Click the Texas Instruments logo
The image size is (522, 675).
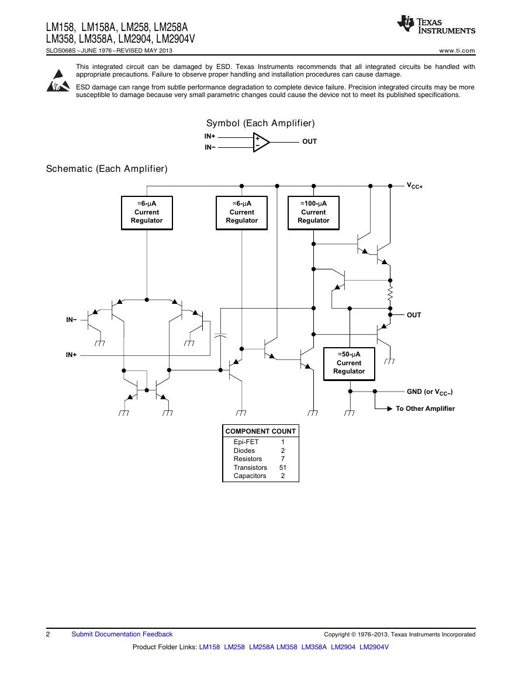[436, 25]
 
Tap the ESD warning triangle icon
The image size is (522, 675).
[58, 81]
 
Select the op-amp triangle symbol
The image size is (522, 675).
[261, 142]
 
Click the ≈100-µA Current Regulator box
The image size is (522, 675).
[313, 213]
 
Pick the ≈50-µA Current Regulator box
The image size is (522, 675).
[350, 364]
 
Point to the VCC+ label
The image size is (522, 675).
[415, 185]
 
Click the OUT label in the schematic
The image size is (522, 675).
[414, 315]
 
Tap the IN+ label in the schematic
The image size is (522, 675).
[71, 355]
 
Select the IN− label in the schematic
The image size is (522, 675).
[71, 320]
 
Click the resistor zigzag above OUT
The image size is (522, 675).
[390, 295]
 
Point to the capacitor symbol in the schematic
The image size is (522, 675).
[220, 335]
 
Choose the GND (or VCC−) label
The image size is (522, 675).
[430, 392]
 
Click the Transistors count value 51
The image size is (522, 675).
[282, 468]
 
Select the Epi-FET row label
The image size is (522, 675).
[246, 442]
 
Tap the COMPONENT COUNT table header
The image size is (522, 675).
[261, 431]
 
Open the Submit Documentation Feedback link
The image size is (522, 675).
[122, 634]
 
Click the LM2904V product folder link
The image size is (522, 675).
[374, 647]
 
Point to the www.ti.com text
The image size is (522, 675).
[457, 51]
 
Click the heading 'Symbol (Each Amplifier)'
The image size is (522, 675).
[261, 123]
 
